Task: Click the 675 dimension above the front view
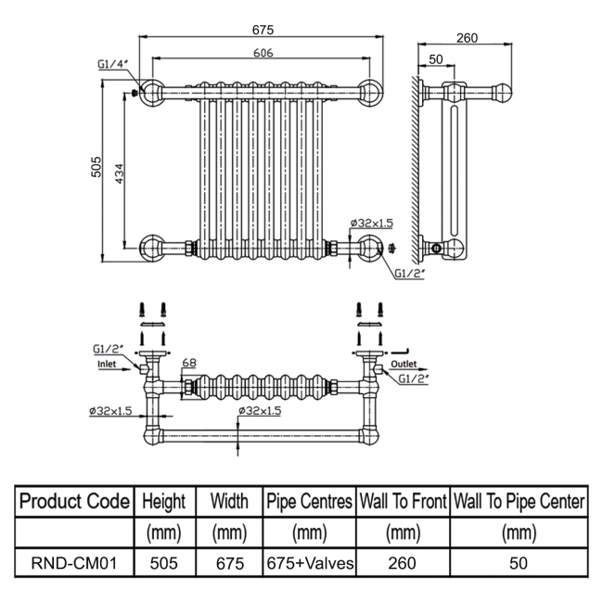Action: [x=263, y=30]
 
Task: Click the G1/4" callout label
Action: [x=112, y=65]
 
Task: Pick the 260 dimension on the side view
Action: [x=468, y=38]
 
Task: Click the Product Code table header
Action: [x=74, y=502]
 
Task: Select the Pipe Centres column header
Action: [x=309, y=502]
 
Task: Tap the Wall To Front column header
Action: [x=403, y=502]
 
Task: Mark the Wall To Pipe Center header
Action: [x=518, y=502]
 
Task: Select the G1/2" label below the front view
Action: [x=409, y=274]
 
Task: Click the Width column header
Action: [x=229, y=502]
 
